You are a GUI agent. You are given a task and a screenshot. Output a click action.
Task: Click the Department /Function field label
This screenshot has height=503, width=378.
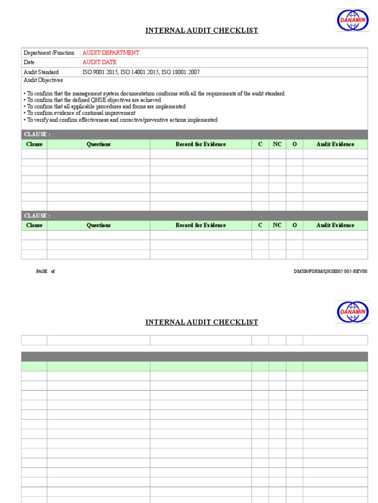tap(49, 53)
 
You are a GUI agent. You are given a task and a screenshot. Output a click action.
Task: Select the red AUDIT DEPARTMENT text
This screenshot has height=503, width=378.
tap(111, 53)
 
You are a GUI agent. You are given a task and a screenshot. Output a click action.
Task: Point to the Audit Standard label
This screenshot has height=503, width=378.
tap(41, 72)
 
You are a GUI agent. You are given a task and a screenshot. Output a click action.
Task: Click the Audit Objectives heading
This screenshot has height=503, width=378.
tap(43, 81)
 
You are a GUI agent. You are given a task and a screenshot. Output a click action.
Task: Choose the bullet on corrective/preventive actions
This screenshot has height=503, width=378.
tap(120, 120)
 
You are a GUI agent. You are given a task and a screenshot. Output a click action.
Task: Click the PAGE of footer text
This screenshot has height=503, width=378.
tap(45, 271)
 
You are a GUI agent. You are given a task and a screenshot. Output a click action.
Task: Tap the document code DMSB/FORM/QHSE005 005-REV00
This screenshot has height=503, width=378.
tap(330, 271)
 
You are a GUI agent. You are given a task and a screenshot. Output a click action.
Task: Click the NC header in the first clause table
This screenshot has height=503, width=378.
tap(277, 144)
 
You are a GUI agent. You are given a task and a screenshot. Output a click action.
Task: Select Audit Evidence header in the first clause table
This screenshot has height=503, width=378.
tap(335, 144)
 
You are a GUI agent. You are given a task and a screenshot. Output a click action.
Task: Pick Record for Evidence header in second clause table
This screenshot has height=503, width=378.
tap(201, 225)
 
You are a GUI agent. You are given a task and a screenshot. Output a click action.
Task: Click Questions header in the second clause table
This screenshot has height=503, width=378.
tap(98, 225)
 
